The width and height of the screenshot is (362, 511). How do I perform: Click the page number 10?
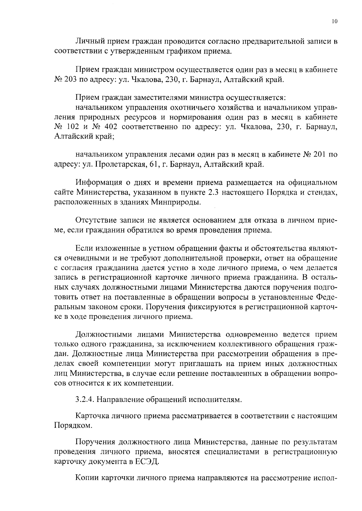334,21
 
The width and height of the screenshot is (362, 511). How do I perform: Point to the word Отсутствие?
95,220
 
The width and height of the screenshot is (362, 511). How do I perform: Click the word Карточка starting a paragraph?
92,416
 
